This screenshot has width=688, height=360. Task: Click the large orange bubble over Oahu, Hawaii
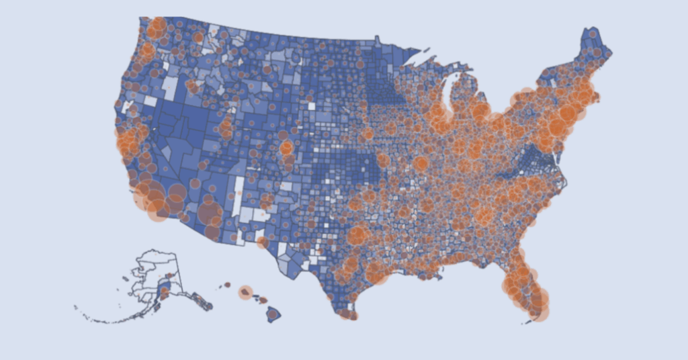pyautogui.click(x=246, y=292)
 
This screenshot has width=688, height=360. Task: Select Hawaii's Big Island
pyautogui.click(x=273, y=313)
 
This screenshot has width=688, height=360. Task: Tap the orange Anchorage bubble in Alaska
pyautogui.click(x=163, y=289)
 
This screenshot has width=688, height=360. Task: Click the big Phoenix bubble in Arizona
pyautogui.click(x=209, y=213)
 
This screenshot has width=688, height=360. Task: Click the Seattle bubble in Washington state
pyautogui.click(x=157, y=28)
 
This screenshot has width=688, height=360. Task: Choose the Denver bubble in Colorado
pyautogui.click(x=287, y=148)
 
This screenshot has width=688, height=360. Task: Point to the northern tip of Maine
pyautogui.click(x=593, y=29)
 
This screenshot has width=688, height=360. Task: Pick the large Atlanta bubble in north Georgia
pyautogui.click(x=485, y=216)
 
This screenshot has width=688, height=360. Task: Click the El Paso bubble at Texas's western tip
pyautogui.click(x=262, y=242)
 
